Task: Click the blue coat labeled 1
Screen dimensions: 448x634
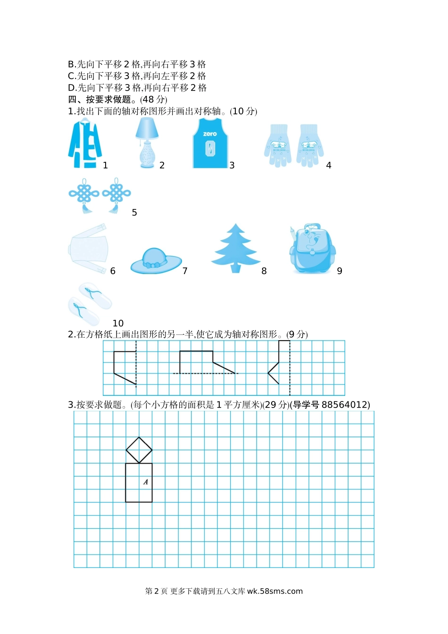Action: (85, 143)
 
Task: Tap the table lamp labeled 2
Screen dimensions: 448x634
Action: (147, 143)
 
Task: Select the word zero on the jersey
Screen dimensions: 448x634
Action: (210, 133)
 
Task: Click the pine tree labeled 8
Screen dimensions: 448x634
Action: (235, 248)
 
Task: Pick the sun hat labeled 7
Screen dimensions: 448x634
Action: (156, 261)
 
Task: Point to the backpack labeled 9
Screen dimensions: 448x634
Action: (313, 249)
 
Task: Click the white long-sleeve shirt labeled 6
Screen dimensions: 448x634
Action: (88, 249)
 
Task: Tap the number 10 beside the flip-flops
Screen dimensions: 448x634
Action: (118, 323)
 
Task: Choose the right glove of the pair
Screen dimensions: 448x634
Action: (310, 145)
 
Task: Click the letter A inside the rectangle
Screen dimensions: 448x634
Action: (146, 482)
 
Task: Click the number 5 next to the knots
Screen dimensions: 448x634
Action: (134, 213)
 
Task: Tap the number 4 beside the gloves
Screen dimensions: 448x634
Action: (329, 165)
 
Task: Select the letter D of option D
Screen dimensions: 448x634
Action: (71, 88)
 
